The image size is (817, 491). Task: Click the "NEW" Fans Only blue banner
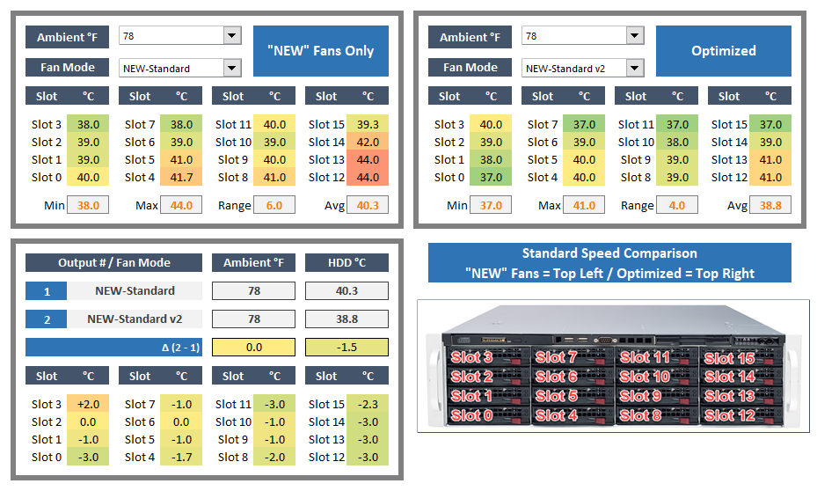click(320, 51)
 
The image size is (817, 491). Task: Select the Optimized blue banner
click(723, 51)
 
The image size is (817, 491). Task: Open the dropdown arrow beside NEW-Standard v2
click(635, 68)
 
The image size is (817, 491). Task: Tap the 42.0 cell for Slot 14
click(367, 142)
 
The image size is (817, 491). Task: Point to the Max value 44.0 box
click(182, 205)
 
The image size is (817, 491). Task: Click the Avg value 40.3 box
click(367, 205)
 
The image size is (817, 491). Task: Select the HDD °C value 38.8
click(346, 319)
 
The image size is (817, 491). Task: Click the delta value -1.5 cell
click(346, 347)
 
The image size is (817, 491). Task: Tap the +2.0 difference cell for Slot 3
click(89, 404)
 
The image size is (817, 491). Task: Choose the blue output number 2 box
click(47, 319)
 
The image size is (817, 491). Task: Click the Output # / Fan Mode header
click(114, 262)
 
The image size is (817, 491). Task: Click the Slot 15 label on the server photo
click(729, 358)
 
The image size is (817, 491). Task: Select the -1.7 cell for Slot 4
click(182, 457)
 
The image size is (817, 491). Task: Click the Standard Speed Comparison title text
click(609, 253)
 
